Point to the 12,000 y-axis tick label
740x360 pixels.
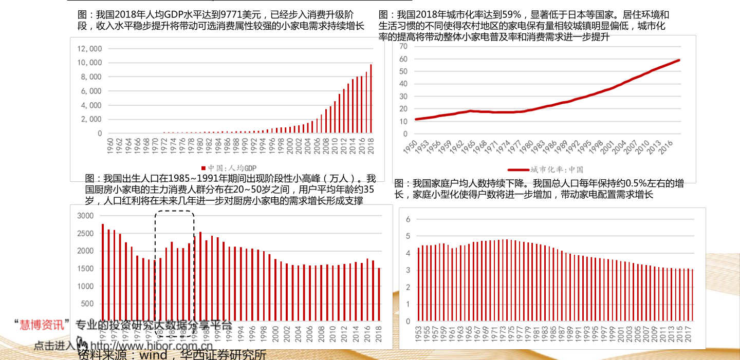click(90, 49)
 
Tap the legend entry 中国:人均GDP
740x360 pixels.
click(229, 168)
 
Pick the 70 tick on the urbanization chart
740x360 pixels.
click(403, 46)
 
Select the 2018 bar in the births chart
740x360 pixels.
click(379, 294)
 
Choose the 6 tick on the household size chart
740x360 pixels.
click(408, 219)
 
